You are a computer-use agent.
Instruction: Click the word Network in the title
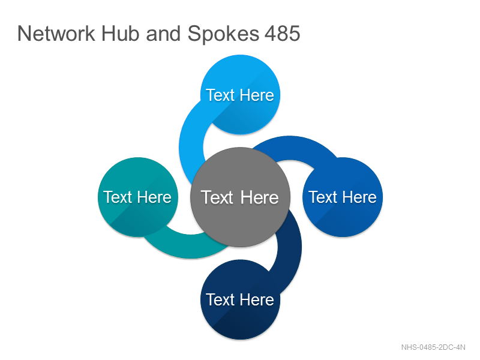[x=56, y=34]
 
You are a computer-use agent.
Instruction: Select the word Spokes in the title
[x=223, y=34]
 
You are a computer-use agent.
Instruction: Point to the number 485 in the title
[x=282, y=34]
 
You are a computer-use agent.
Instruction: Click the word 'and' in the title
[x=163, y=34]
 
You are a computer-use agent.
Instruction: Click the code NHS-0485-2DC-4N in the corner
[x=433, y=347]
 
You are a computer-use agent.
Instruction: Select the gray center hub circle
[x=240, y=197]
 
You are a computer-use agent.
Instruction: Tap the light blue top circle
[x=240, y=95]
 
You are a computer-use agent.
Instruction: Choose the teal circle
[x=138, y=197]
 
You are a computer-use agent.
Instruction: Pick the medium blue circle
[x=343, y=197]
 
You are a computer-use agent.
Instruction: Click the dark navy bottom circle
[x=240, y=299]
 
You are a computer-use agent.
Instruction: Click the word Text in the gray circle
[x=217, y=197]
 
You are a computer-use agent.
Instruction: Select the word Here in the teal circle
[x=154, y=197]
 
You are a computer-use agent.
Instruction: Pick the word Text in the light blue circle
[x=220, y=95]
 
